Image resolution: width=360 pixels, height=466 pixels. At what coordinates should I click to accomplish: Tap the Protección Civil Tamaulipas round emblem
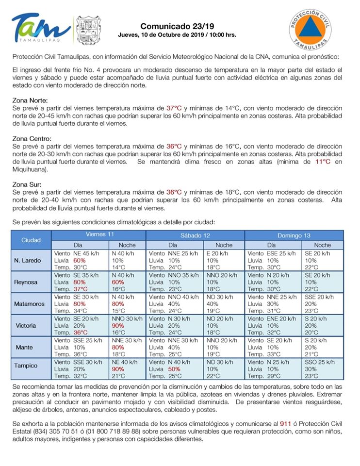tap(311, 29)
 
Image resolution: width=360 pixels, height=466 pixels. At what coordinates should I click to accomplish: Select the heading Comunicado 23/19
tap(177, 26)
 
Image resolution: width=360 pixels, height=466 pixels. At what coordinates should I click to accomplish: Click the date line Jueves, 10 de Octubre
tap(177, 35)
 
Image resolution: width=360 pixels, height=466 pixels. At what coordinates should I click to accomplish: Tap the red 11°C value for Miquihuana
tap(323, 162)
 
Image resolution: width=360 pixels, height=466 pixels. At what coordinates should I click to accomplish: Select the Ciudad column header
tap(31, 240)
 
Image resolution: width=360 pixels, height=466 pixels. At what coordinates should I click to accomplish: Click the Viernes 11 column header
tap(99, 234)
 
